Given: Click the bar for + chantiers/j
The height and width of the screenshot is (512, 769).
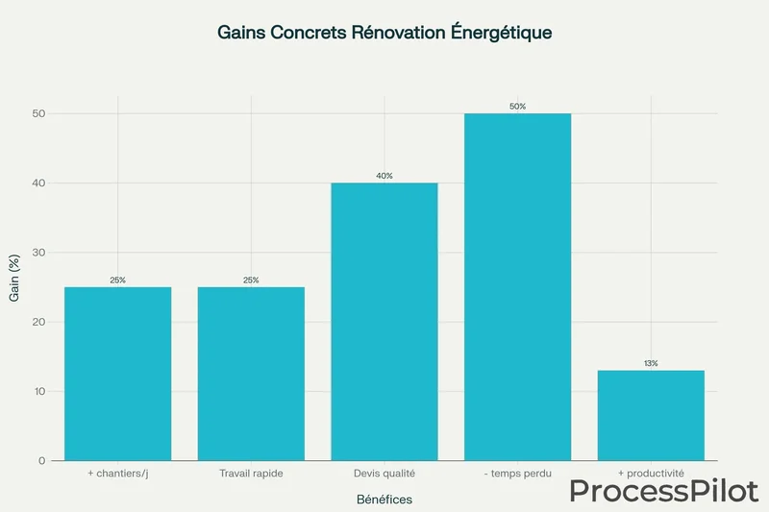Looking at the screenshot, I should pyautogui.click(x=117, y=374).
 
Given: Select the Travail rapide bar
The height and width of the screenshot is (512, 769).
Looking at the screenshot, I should pyautogui.click(x=251, y=374).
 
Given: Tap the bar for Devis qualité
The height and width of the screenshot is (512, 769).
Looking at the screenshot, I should pyautogui.click(x=384, y=322).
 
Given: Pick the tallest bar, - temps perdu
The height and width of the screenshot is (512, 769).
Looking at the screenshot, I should pyautogui.click(x=517, y=287).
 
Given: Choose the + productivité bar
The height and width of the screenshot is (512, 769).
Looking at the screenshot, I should pyautogui.click(x=651, y=415).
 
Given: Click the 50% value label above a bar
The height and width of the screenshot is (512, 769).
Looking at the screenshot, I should pyautogui.click(x=517, y=107).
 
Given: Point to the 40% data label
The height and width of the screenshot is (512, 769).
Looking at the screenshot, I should pyautogui.click(x=384, y=176).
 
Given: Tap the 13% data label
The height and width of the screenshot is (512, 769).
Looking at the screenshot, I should pyautogui.click(x=651, y=363).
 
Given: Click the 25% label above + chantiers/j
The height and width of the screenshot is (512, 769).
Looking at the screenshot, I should pyautogui.click(x=117, y=280).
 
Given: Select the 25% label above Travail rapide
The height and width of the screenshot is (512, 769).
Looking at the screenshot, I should pyautogui.click(x=251, y=280).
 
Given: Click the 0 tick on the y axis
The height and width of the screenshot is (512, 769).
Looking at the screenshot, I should pyautogui.click(x=42, y=461).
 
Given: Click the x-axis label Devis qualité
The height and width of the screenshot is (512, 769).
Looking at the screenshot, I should pyautogui.click(x=384, y=475).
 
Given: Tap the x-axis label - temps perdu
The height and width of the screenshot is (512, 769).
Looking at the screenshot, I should pyautogui.click(x=517, y=475).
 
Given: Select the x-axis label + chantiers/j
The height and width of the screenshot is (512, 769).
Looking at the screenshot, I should pyautogui.click(x=117, y=475).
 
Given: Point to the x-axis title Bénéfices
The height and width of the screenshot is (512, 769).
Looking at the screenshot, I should pyautogui.click(x=384, y=500).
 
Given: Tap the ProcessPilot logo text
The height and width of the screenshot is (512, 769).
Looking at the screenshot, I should pyautogui.click(x=663, y=490).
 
